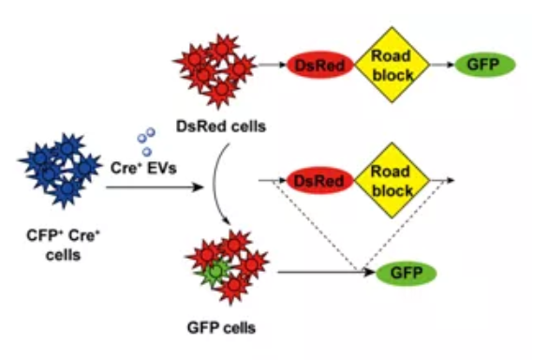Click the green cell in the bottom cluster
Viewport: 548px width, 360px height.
coord(215,272)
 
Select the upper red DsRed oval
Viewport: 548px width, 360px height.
coord(320,65)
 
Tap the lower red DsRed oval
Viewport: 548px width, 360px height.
coord(319,181)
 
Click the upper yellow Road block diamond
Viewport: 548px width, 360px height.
coord(392,65)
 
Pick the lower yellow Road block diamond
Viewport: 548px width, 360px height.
coord(392,181)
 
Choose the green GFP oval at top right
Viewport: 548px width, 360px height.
coord(484,65)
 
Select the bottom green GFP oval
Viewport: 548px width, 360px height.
coord(407,273)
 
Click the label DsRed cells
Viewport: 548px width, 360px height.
coord(221,127)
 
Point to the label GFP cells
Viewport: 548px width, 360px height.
coord(222,328)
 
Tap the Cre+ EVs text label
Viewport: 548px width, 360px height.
coord(143,168)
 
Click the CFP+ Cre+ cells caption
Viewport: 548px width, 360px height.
coord(64,245)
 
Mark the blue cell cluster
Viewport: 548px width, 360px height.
coord(61,171)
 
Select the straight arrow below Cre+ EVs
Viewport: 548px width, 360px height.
coord(155,187)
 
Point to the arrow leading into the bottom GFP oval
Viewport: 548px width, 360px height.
coord(326,272)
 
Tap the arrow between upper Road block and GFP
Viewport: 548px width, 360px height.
coord(442,65)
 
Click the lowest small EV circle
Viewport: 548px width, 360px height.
coord(147,152)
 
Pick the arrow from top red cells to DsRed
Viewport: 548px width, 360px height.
coord(273,65)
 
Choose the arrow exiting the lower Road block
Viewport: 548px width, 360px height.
coord(442,181)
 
